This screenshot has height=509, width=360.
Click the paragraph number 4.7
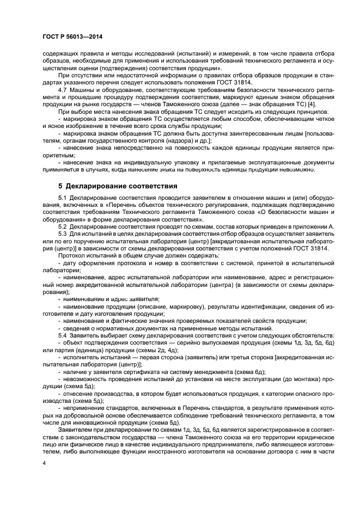pyautogui.click(x=63, y=90)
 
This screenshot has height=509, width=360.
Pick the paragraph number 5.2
pyautogui.click(x=63, y=226)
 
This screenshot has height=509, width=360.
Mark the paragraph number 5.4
pyautogui.click(x=63, y=335)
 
